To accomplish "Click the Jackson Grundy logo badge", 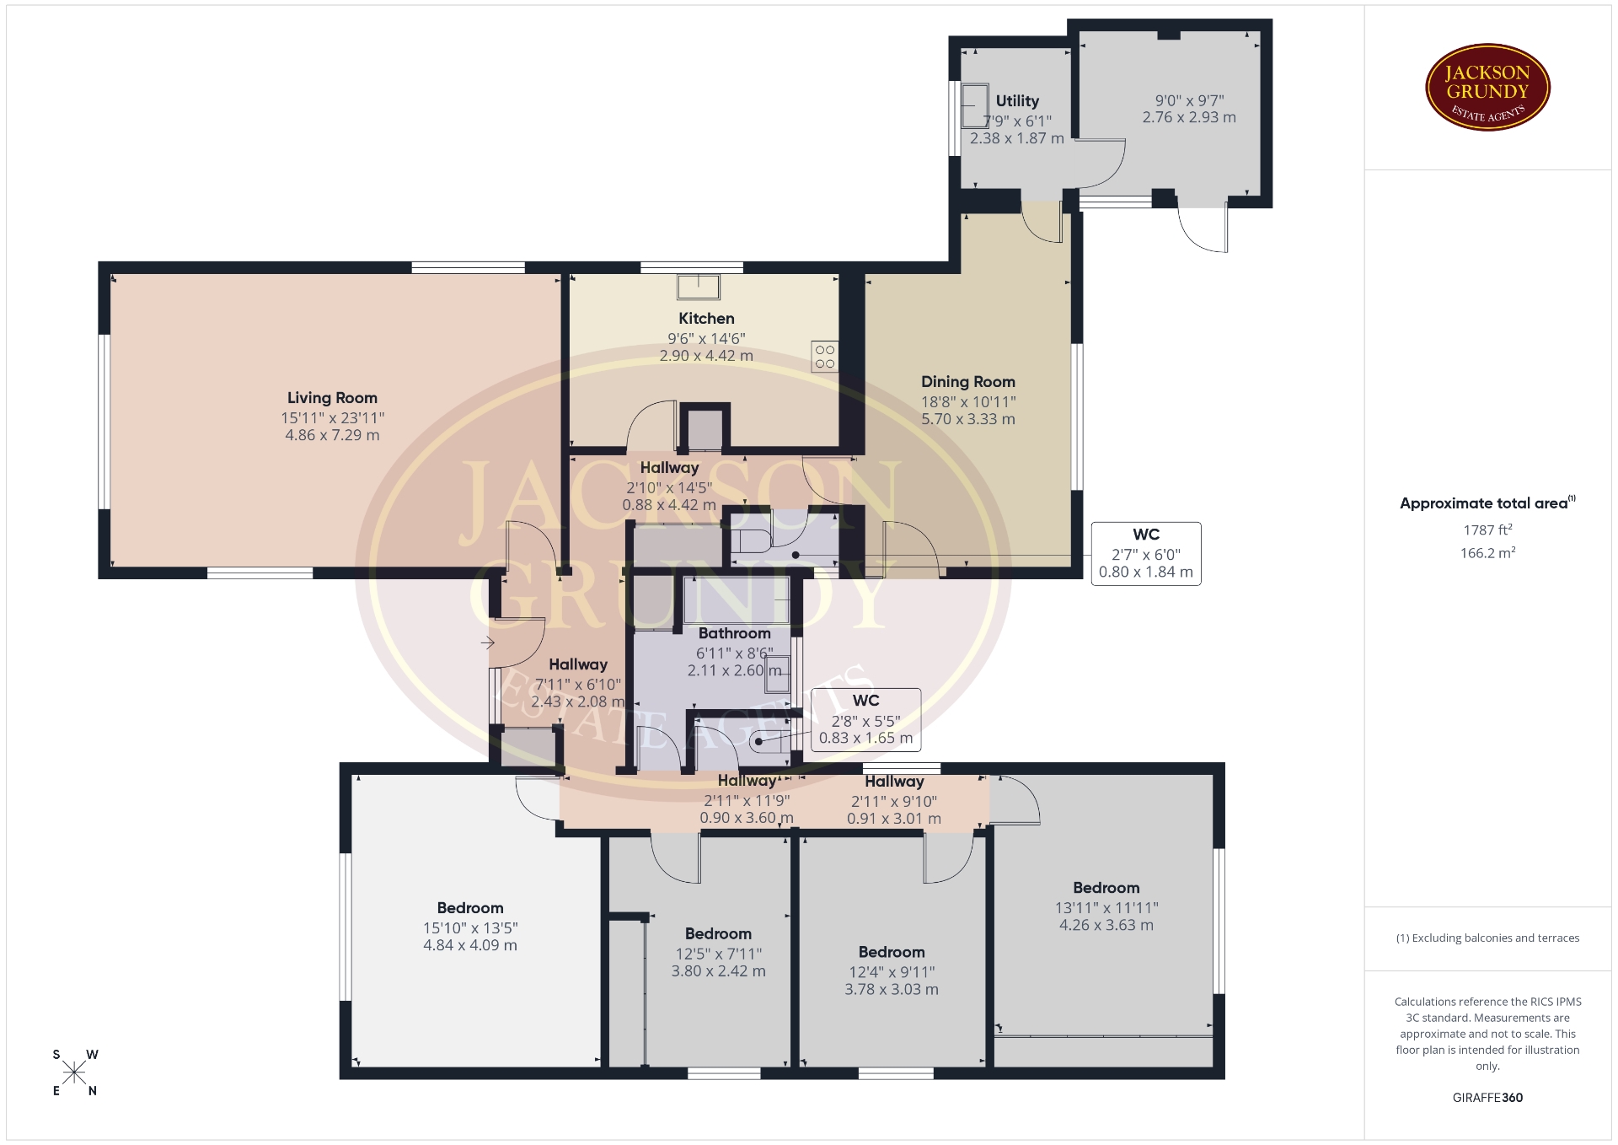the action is (1487, 88).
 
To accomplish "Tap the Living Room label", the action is (332, 398).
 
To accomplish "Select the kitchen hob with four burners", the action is (825, 357).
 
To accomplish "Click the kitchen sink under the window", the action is (699, 287).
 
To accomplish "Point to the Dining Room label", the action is (968, 382).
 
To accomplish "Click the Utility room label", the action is (1017, 101).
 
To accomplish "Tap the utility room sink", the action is (976, 105).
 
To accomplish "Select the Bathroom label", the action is (734, 633).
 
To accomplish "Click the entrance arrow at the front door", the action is (487, 643).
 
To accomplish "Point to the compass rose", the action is (74, 1072).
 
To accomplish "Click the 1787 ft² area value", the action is (1487, 529).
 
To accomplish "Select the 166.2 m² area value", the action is (1487, 553).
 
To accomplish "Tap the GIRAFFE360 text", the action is (1487, 1098).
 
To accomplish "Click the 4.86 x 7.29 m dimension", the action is (332, 435).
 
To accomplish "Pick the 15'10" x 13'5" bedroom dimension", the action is (470, 928).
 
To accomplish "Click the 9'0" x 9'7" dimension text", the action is (1189, 100).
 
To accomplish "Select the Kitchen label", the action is (706, 319).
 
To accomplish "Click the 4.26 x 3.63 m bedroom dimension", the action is (1106, 925).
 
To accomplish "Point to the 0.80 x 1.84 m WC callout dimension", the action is (1145, 572).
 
